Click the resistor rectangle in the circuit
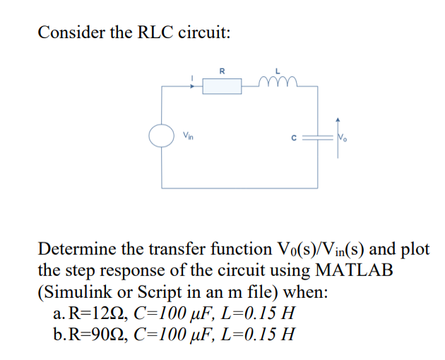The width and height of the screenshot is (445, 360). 222,85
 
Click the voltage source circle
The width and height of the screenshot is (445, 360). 162,135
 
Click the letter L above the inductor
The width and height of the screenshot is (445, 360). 278,70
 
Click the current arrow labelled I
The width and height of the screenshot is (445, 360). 193,80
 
